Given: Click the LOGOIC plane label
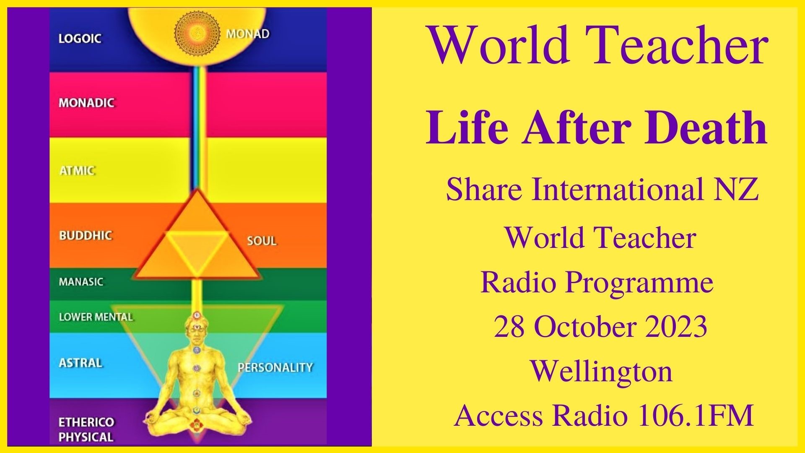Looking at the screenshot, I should pos(80,39).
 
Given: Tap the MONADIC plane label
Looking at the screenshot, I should pos(86,103).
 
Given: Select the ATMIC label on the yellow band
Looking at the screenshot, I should pos(77,171).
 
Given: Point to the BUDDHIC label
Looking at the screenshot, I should pos(86,235).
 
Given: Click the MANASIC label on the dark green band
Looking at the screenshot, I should pos(81,282).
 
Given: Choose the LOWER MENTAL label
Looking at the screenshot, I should pos(96,317).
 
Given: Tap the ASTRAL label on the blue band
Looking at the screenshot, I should pos(80,363).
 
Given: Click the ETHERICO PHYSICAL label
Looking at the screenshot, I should pos(86,429).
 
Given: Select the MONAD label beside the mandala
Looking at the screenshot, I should pos(247,34).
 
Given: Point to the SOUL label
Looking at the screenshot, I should pos(262,241).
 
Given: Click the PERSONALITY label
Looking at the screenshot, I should pos(275,368).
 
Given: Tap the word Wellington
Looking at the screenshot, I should pos(601,371).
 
